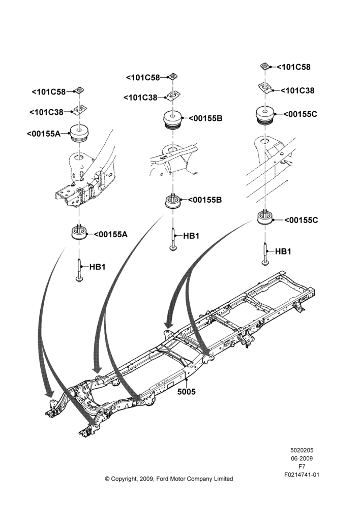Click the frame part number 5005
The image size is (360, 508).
187,392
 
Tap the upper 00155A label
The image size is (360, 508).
44,133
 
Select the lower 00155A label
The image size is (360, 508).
111,234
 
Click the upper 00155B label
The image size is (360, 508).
205,118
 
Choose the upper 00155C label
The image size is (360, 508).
300,114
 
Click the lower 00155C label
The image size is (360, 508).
302,220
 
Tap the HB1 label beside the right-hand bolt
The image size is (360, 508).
283,251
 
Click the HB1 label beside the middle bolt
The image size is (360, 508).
191,236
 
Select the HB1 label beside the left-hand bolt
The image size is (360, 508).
97,267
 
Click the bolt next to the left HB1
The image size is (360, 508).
79,271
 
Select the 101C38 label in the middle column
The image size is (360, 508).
140,98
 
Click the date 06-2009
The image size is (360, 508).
302,458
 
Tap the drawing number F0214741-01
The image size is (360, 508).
302,475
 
